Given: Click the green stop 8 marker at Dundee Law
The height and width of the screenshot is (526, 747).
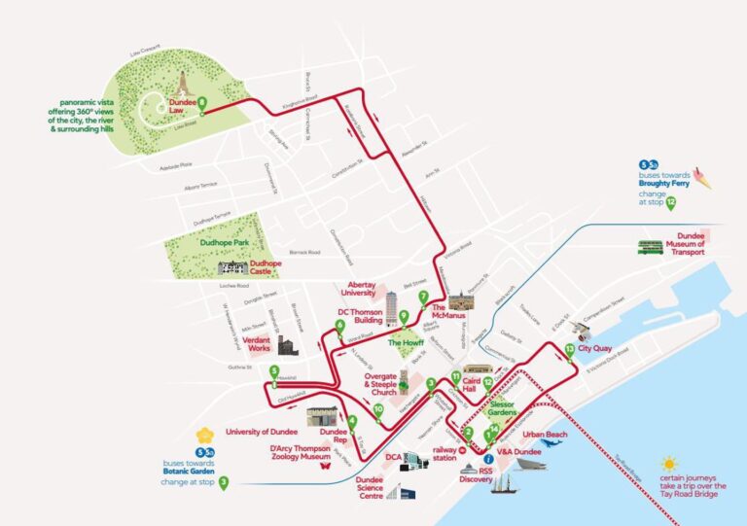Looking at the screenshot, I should coord(203,101).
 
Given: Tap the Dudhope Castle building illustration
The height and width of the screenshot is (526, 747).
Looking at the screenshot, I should coord(233,268).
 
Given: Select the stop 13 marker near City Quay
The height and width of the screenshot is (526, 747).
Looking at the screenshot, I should coord(569,351).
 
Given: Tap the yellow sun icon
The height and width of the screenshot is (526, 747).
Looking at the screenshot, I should coord(668,465).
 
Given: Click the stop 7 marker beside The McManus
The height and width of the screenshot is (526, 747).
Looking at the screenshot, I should coord(423,297).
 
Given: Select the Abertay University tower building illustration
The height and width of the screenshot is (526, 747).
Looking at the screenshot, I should coord(392,307).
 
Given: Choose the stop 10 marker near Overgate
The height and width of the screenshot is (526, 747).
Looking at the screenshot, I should coord(377,410).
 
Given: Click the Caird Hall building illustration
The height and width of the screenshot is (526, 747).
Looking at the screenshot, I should coord(478,369).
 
